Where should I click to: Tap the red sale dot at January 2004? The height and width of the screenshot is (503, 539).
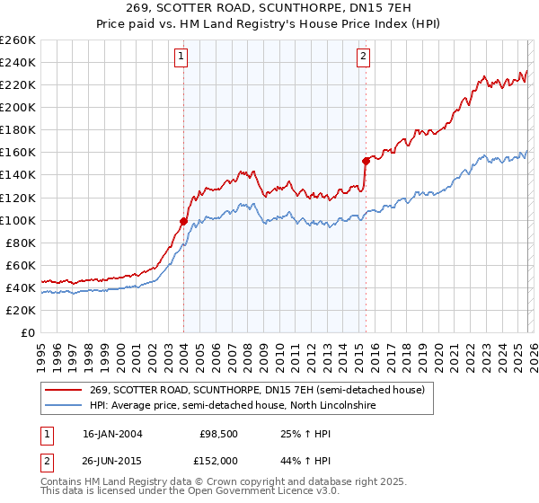(x=183, y=221)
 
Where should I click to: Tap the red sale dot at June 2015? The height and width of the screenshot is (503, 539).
(x=366, y=161)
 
